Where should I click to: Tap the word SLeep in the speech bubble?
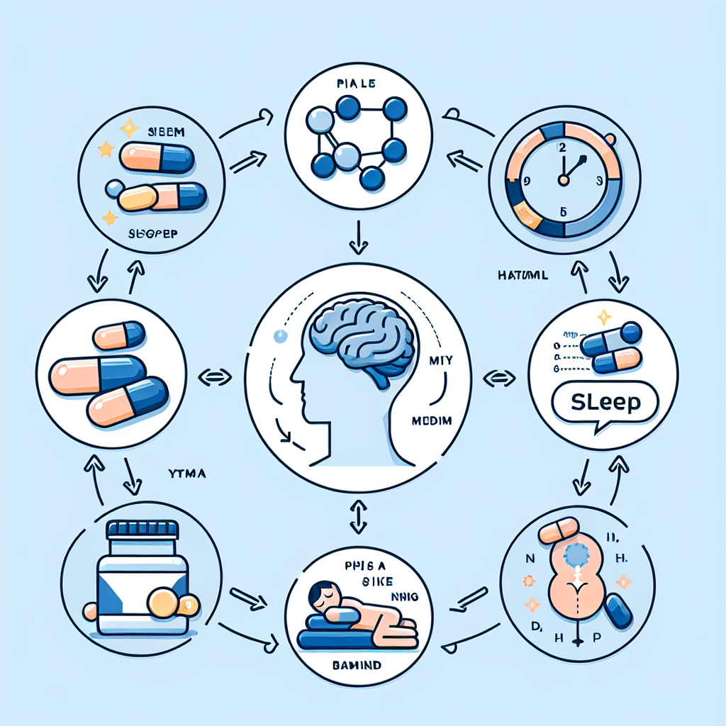pyautogui.click(x=604, y=402)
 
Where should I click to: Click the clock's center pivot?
pyautogui.click(x=564, y=179)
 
